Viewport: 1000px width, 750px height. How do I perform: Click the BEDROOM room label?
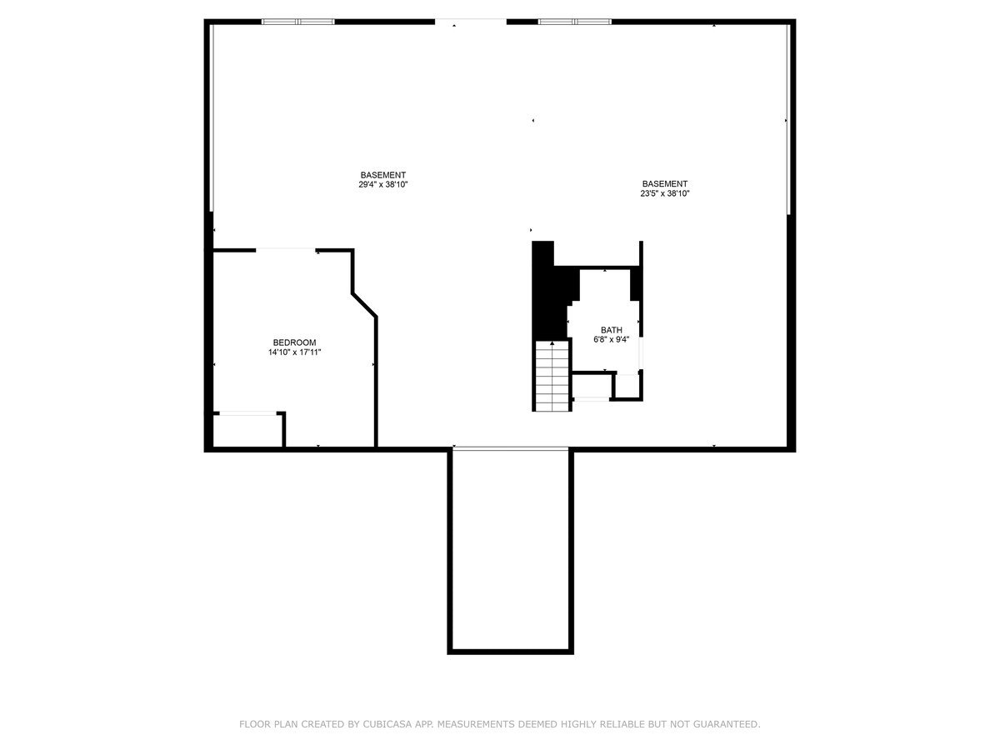294,342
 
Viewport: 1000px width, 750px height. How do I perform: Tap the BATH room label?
612,330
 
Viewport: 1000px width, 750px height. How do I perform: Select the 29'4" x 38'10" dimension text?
382,184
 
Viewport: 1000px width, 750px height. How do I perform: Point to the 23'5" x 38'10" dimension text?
665,193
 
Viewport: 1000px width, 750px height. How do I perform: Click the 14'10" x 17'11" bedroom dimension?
294,352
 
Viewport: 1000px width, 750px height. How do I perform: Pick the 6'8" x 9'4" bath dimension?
612,339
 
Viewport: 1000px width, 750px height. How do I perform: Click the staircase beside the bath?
552,376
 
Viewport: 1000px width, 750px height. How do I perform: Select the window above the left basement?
298,22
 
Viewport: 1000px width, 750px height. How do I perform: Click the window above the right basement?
574,22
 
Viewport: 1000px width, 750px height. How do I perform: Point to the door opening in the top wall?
471,22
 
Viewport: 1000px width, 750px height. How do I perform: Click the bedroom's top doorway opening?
286,250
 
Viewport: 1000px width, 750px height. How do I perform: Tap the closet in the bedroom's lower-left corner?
247,430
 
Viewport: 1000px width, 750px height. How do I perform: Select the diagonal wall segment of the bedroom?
364,305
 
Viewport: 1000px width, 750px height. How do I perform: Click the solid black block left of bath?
552,292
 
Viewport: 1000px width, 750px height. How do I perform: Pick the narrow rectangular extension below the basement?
510,551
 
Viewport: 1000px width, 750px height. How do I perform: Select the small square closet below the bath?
627,386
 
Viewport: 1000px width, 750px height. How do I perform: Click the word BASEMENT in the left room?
382,175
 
